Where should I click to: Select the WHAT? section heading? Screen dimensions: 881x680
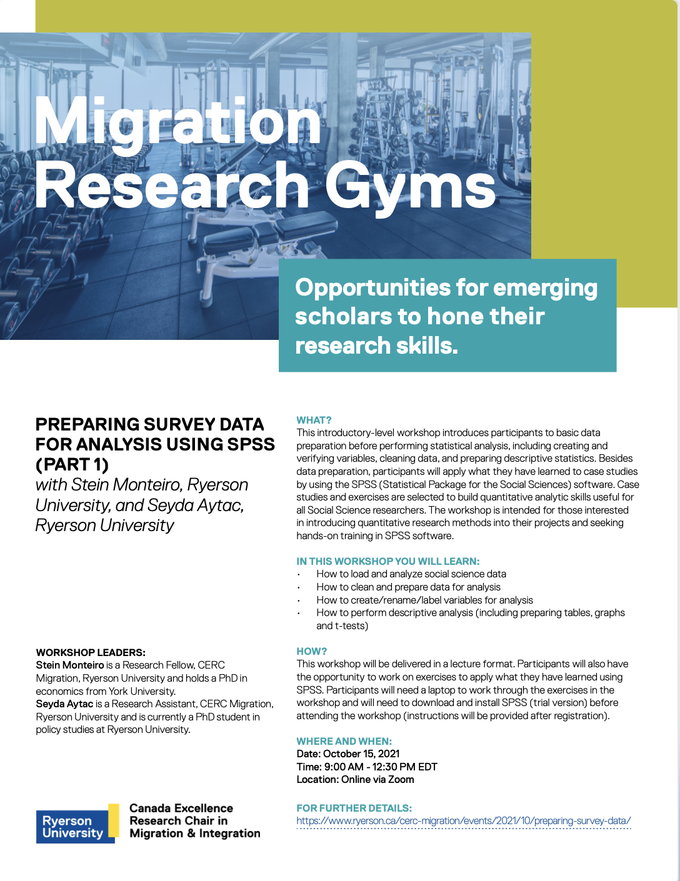(314, 420)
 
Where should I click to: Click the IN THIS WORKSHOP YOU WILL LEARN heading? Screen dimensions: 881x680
(388, 561)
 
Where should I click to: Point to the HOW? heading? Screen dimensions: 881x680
(311, 651)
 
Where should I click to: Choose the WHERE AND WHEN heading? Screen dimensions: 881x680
(344, 741)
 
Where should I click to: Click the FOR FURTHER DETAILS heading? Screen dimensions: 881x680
(354, 808)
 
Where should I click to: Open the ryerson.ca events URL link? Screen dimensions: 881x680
(463, 821)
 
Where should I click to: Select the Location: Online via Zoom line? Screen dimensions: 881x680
(355, 779)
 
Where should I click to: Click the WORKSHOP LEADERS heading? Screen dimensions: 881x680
(91, 652)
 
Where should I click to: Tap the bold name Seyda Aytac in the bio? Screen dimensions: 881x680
(64, 704)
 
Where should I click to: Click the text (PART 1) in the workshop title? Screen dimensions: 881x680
(72, 465)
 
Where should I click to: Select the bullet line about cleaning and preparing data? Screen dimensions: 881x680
(408, 587)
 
